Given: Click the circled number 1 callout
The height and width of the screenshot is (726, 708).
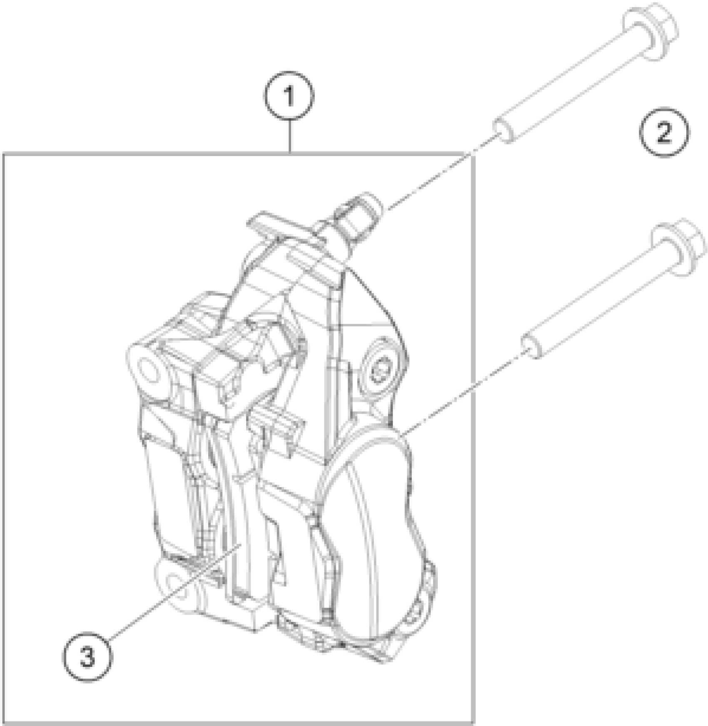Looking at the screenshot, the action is (289, 97).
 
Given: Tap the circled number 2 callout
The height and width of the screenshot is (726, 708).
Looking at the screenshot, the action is (664, 133).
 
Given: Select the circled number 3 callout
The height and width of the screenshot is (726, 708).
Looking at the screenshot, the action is (87, 658).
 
